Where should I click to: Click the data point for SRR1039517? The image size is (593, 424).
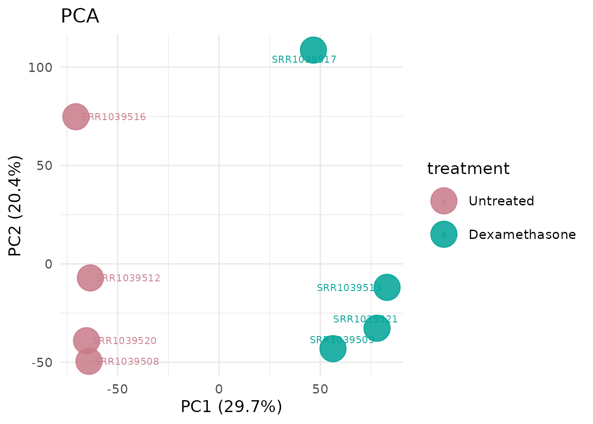[313, 50]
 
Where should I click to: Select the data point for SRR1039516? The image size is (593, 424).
[76, 117]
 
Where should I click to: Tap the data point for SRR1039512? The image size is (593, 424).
[90, 278]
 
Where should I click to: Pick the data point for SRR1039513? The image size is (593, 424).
[387, 287]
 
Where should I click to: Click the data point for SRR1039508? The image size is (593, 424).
[89, 361]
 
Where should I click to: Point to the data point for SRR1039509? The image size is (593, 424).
[333, 348]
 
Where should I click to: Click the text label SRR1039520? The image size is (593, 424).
[124, 341]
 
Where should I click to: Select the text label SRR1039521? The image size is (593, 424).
[365, 319]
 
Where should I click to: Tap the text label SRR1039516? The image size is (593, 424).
[113, 117]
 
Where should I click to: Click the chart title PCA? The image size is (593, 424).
[80, 17]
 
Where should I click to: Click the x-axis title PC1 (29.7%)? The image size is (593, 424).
[231, 407]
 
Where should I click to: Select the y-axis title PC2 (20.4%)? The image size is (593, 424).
[15, 206]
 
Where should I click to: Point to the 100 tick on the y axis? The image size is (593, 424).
[40, 68]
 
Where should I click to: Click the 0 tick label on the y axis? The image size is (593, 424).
[48, 264]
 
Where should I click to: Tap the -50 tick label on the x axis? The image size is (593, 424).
[118, 389]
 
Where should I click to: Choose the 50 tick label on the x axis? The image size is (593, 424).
[320, 389]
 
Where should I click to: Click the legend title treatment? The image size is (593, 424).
[468, 169]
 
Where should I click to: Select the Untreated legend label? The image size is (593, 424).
[501, 201]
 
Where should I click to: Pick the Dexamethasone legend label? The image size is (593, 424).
[522, 235]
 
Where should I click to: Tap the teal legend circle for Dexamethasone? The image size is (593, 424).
[443, 235]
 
